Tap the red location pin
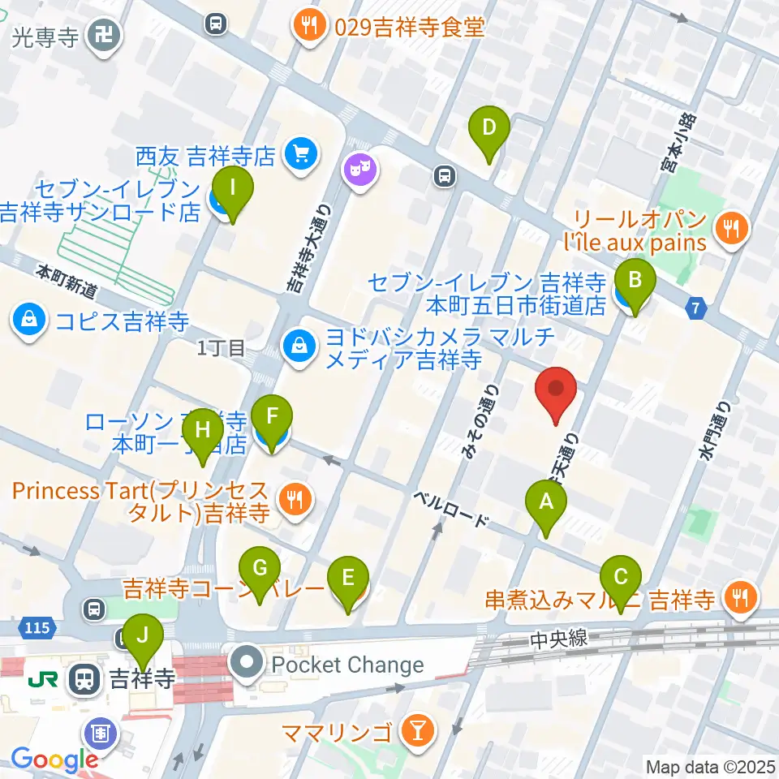pyautogui.click(x=557, y=394)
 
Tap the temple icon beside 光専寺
pyautogui.click(x=104, y=37)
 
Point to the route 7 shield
pyautogui.click(x=695, y=308)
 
